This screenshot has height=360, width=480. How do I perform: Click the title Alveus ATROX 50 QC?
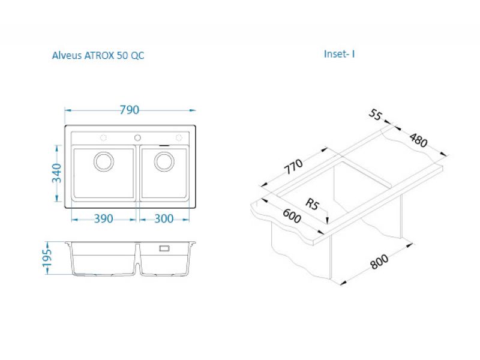(x=98, y=55)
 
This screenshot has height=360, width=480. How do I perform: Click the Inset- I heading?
(x=339, y=54)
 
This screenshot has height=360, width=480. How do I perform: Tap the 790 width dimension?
(x=129, y=110)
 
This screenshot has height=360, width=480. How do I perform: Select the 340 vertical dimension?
(x=56, y=173)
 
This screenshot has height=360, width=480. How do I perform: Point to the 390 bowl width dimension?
(x=103, y=218)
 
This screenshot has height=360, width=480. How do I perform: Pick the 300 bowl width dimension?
(x=164, y=218)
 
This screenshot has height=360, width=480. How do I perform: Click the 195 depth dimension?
(x=47, y=258)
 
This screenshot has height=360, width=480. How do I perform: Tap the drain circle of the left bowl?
(x=104, y=161)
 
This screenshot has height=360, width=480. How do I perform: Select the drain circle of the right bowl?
(x=164, y=161)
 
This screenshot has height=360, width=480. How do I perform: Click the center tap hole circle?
(x=138, y=138)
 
